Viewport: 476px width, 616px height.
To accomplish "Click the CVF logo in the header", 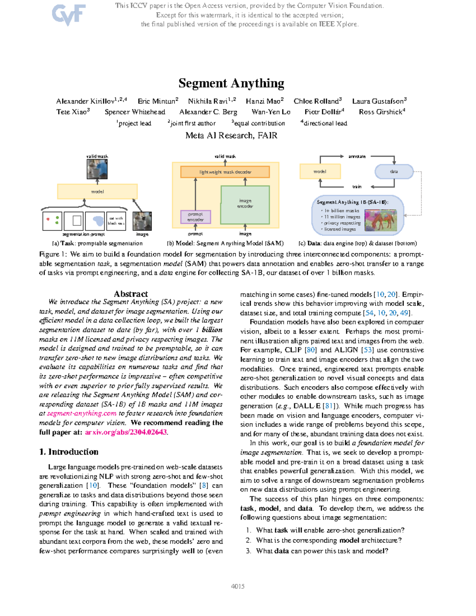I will (x=69, y=15).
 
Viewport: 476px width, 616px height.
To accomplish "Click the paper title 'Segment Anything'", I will (x=231, y=83).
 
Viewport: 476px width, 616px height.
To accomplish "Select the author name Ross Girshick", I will (x=380, y=112).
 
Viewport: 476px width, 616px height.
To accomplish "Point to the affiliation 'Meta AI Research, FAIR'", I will (x=231, y=136).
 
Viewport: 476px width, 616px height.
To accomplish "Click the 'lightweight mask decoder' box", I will (x=225, y=172).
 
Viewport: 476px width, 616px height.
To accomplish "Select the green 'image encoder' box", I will (x=245, y=204).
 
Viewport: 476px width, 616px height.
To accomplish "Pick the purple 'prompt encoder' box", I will (x=196, y=217).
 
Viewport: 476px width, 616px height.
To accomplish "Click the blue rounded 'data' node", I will (x=394, y=172).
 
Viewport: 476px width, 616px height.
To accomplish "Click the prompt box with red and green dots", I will (x=52, y=221).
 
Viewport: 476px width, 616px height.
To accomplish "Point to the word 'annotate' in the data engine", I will (x=357, y=157).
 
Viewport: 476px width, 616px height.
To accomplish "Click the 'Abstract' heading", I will (x=131, y=294).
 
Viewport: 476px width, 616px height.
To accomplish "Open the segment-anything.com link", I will (x=82, y=413).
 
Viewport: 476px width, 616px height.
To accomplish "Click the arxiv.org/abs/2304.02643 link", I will (x=126, y=432).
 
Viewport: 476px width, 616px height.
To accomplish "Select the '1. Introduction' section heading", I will (x=69, y=452).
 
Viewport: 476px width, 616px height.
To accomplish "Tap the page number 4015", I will (x=238, y=587).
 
